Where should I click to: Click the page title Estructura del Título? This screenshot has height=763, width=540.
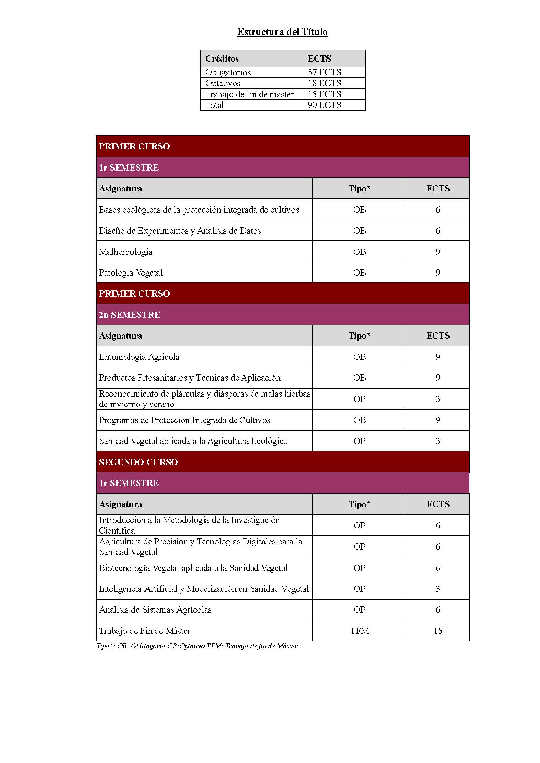(x=283, y=32)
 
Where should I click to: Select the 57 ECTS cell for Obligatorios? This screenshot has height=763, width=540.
(x=324, y=72)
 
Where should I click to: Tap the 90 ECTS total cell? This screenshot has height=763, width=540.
(x=324, y=105)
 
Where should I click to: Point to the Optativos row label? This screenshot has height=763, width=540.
(x=223, y=83)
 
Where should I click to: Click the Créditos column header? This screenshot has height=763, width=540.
(x=222, y=59)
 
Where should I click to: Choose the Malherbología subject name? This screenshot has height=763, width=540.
(x=126, y=252)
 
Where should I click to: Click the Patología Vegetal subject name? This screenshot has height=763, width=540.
(x=131, y=273)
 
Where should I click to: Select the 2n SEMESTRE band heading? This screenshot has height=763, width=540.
(x=129, y=315)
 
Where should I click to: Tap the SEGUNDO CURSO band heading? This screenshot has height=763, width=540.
(x=139, y=462)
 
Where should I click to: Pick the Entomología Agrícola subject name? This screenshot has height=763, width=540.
(x=139, y=357)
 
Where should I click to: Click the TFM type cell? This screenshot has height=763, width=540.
(x=359, y=631)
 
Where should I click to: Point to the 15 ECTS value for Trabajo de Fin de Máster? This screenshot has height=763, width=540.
(x=437, y=631)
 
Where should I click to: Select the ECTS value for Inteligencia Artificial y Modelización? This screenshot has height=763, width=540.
(x=437, y=588)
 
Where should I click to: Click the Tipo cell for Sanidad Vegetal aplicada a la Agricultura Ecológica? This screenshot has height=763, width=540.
(x=359, y=441)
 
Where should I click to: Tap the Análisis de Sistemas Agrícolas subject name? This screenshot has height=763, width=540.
(x=155, y=609)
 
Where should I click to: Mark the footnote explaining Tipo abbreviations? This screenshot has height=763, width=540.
(x=197, y=646)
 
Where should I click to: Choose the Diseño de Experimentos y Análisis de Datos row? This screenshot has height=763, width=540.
(x=180, y=231)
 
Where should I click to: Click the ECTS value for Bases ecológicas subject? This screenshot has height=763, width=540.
(x=437, y=210)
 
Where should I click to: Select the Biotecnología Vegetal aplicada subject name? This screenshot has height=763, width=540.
(x=193, y=568)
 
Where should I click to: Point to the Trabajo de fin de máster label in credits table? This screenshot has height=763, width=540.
(x=250, y=94)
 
